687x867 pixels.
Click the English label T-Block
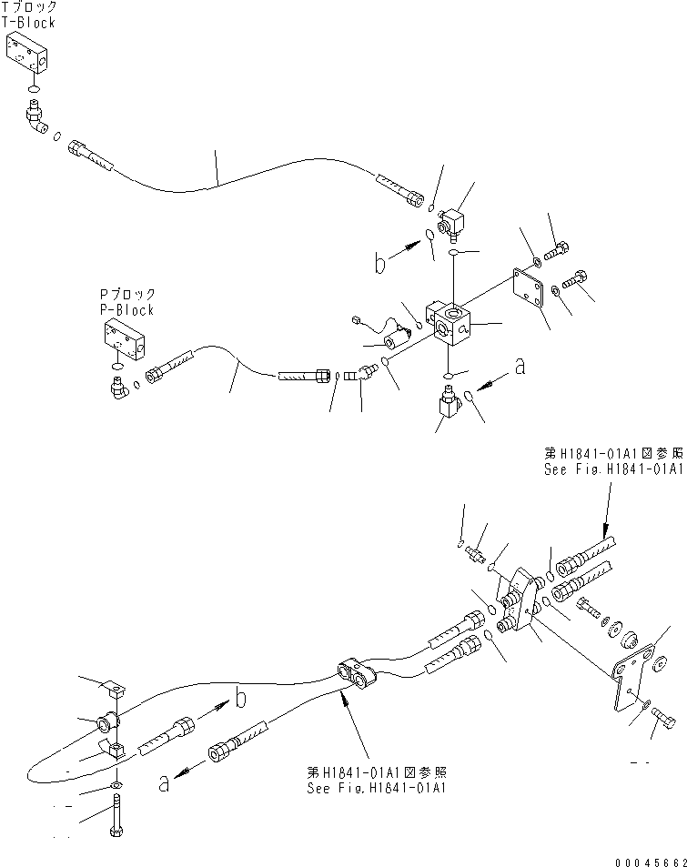[x=28, y=23]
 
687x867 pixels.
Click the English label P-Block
[x=126, y=310]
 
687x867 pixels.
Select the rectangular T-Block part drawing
[x=26, y=53]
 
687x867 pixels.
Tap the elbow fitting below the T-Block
[x=39, y=117]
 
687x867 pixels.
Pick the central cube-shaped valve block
[x=450, y=327]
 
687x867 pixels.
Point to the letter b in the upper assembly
[x=379, y=263]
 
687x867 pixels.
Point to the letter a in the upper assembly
[x=520, y=366]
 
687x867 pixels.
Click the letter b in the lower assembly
[x=240, y=699]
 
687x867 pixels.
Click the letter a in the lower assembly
[x=164, y=783]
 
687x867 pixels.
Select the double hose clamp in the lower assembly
[x=357, y=673]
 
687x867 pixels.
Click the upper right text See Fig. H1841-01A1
[x=613, y=469]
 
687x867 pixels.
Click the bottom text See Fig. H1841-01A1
[x=377, y=787]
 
